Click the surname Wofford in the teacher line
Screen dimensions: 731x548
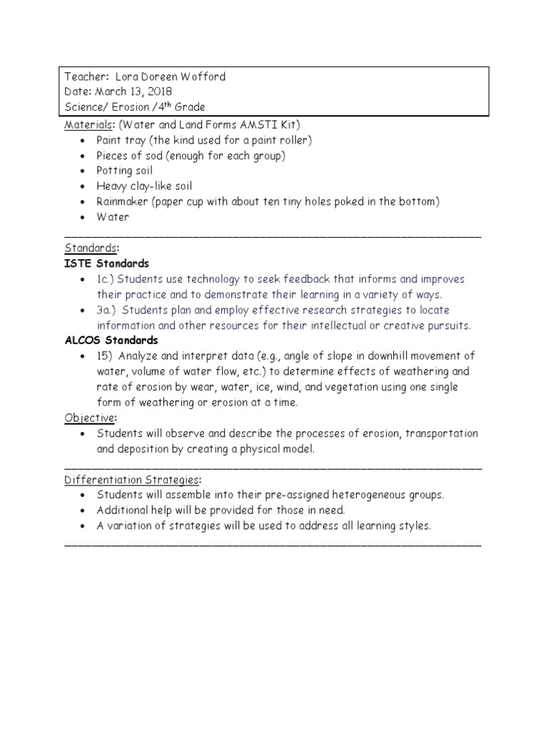(205, 77)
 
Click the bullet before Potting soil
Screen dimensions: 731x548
(84, 171)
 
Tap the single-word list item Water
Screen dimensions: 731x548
(113, 217)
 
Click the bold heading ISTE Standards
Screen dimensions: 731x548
(107, 263)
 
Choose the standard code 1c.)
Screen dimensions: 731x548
(108, 279)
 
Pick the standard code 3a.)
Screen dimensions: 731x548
(110, 310)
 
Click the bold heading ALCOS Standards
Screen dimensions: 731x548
(111, 341)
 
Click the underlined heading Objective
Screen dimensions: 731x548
(89, 418)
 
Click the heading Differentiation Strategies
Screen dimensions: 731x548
(132, 479)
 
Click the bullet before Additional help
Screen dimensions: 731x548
(84, 510)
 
